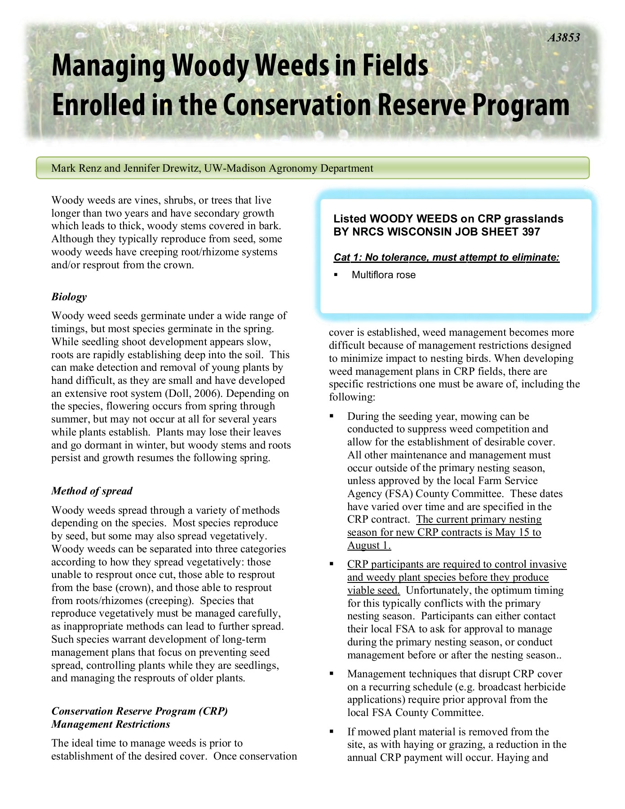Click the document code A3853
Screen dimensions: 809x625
click(x=563, y=38)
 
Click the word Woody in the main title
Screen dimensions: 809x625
click(x=209, y=66)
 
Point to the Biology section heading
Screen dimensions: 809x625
click(x=69, y=297)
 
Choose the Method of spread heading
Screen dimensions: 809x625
click(x=92, y=491)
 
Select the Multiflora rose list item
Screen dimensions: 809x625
click(x=383, y=275)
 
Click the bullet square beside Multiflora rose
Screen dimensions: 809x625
click(x=335, y=275)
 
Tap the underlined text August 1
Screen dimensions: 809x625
click(x=369, y=546)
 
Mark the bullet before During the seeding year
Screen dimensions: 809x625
click(x=332, y=417)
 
